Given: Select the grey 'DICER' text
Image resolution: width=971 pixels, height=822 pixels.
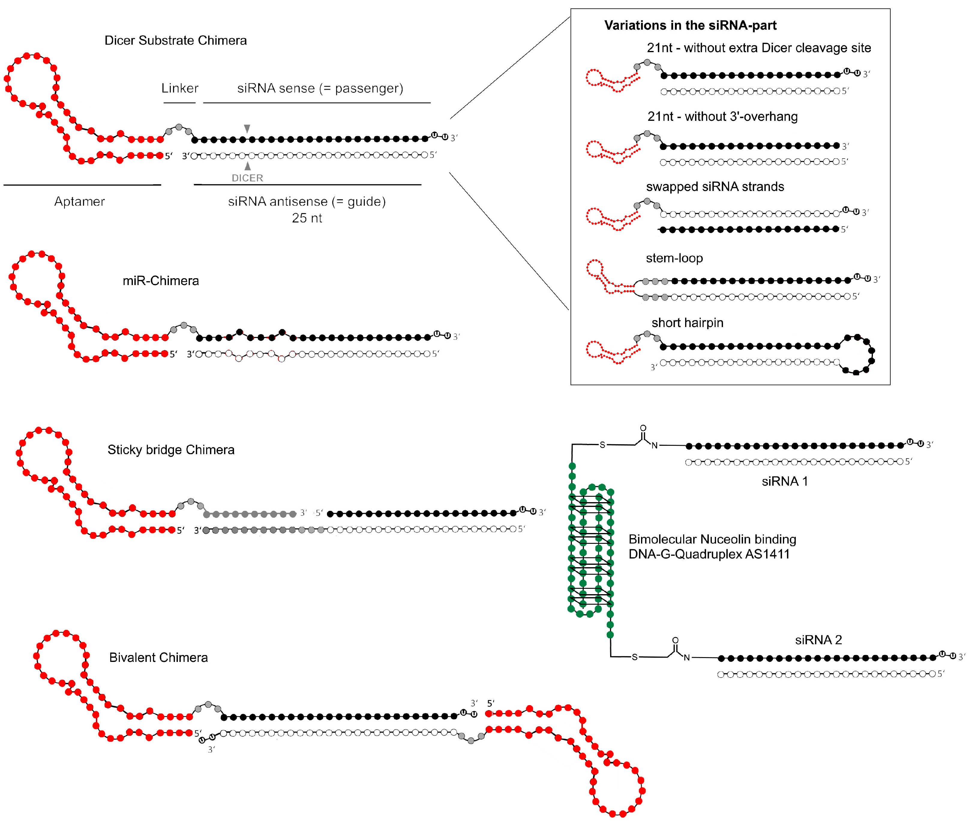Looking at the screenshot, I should pyautogui.click(x=247, y=178).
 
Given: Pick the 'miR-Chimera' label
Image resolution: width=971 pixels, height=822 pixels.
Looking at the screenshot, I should pyautogui.click(x=160, y=281).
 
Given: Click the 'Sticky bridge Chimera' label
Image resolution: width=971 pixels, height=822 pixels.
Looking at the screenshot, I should pyautogui.click(x=171, y=450).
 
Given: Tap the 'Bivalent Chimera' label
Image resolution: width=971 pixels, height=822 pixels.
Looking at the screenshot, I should pyautogui.click(x=158, y=657).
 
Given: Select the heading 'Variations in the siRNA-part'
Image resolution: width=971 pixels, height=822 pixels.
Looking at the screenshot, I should pyautogui.click(x=690, y=25).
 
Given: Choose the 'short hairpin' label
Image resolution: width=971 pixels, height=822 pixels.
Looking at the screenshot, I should pyautogui.click(x=687, y=323).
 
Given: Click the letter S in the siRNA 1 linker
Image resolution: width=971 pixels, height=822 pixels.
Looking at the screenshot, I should pyautogui.click(x=602, y=445).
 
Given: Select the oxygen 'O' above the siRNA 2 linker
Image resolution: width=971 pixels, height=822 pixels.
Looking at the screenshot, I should pyautogui.click(x=675, y=640).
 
